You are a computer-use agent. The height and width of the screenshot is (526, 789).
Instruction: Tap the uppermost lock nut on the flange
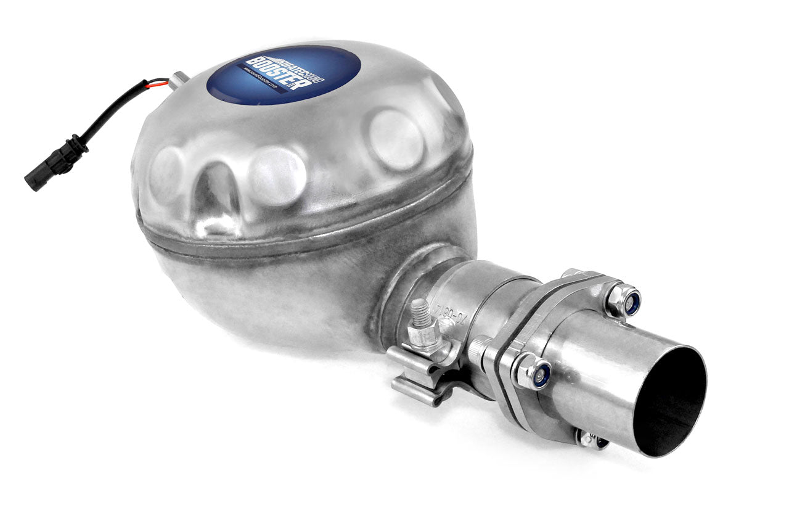(624, 300)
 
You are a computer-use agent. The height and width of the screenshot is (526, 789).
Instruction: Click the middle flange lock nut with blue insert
(534, 372)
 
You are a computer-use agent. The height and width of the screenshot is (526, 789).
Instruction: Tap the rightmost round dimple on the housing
(396, 139)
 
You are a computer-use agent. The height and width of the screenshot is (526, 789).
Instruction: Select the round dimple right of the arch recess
(277, 176)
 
